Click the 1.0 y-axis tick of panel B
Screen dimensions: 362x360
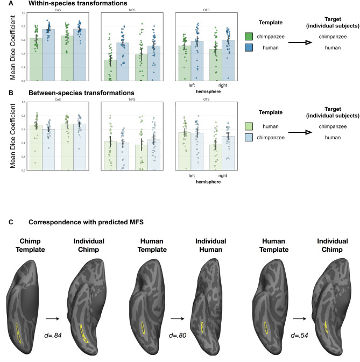point(23,102)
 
